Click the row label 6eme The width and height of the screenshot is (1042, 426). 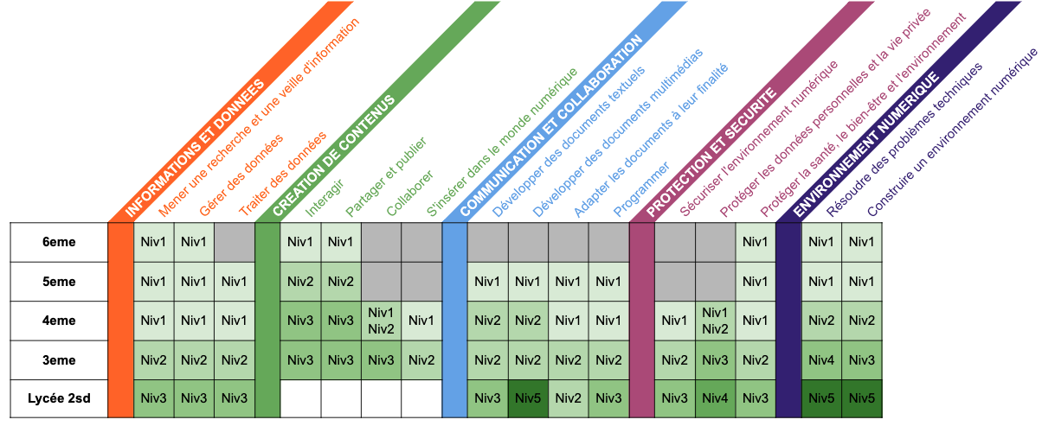click(59, 242)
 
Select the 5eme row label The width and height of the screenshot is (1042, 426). click(59, 281)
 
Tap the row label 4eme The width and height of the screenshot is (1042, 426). click(59, 321)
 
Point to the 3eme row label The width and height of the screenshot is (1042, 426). click(59, 359)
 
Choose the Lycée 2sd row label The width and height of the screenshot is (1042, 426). click(59, 398)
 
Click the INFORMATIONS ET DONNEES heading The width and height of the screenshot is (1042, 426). click(195, 147)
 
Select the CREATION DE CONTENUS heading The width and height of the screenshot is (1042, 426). click(333, 156)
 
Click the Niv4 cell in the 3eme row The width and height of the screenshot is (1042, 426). click(821, 359)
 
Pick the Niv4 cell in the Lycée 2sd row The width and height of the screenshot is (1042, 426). click(716, 398)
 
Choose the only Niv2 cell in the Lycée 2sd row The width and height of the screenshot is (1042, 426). click(568, 398)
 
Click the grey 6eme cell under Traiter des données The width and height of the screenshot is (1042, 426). click(235, 242)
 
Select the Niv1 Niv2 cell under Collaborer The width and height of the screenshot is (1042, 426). click(381, 321)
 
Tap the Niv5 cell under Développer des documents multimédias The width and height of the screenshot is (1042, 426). click(528, 398)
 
